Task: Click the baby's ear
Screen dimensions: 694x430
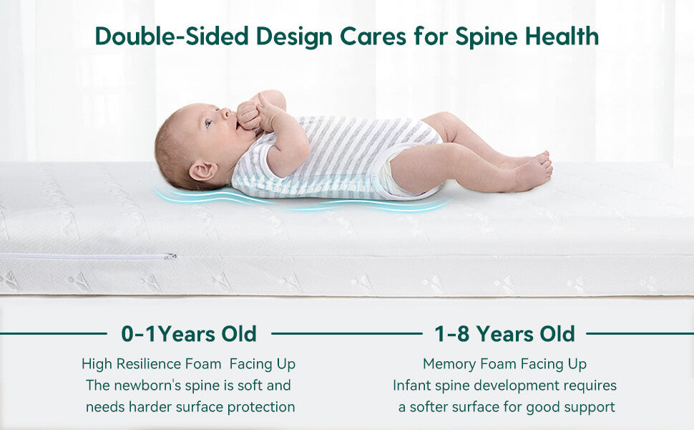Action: point(203,171)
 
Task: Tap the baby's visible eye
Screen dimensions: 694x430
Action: point(208,123)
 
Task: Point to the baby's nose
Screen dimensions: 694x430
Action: point(227,113)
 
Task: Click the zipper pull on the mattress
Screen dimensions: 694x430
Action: point(170,257)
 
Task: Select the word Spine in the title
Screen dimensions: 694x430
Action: point(487,37)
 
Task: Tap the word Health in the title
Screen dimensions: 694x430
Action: point(562,36)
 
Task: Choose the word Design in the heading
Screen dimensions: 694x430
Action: point(294,37)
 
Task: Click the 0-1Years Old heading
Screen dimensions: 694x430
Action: point(189,334)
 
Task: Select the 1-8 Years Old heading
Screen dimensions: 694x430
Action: point(504,334)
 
